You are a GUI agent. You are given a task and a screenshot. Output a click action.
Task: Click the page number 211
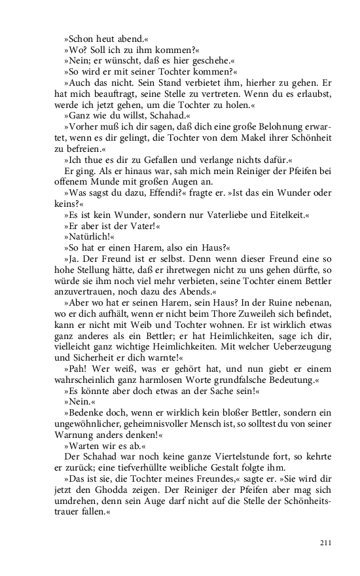[325, 543]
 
